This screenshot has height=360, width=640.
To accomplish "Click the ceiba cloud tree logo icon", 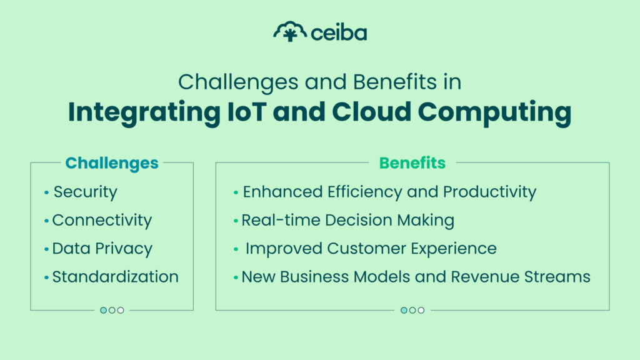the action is [290, 31].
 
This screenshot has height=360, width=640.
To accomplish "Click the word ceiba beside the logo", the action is [339, 32].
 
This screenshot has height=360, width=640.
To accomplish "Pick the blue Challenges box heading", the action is [112, 163].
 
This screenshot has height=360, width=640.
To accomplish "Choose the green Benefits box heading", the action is [412, 163].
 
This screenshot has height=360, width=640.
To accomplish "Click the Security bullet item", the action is [85, 192].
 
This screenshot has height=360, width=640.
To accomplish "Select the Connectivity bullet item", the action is [102, 220].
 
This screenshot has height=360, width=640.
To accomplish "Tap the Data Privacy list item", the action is [102, 249].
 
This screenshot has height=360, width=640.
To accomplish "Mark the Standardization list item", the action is [115, 276].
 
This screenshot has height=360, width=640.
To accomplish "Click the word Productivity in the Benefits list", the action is [489, 192].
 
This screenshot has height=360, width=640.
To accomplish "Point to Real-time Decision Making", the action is [347, 220].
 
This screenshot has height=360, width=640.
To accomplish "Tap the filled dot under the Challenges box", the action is [104, 310].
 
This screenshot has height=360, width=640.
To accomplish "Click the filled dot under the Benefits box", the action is [404, 310].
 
